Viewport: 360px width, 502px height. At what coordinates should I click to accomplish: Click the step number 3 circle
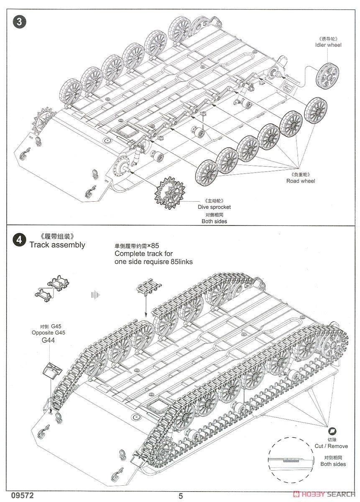18,22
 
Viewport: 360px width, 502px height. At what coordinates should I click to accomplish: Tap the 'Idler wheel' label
328,45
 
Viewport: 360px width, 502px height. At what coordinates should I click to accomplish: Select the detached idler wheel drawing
327,76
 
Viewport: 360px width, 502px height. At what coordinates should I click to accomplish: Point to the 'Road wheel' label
301,181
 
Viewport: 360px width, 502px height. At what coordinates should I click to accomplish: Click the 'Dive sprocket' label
214,207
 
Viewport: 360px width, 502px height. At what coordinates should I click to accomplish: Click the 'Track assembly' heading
57,245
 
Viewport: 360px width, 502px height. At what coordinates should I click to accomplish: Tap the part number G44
49,340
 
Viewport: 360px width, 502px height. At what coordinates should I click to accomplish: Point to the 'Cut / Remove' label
331,446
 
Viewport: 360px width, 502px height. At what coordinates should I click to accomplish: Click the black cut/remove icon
333,431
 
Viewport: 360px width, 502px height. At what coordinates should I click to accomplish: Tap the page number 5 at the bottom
181,496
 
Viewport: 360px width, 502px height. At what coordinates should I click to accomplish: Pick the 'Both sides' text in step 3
214,221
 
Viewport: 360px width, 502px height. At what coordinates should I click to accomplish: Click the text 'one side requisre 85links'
153,261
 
